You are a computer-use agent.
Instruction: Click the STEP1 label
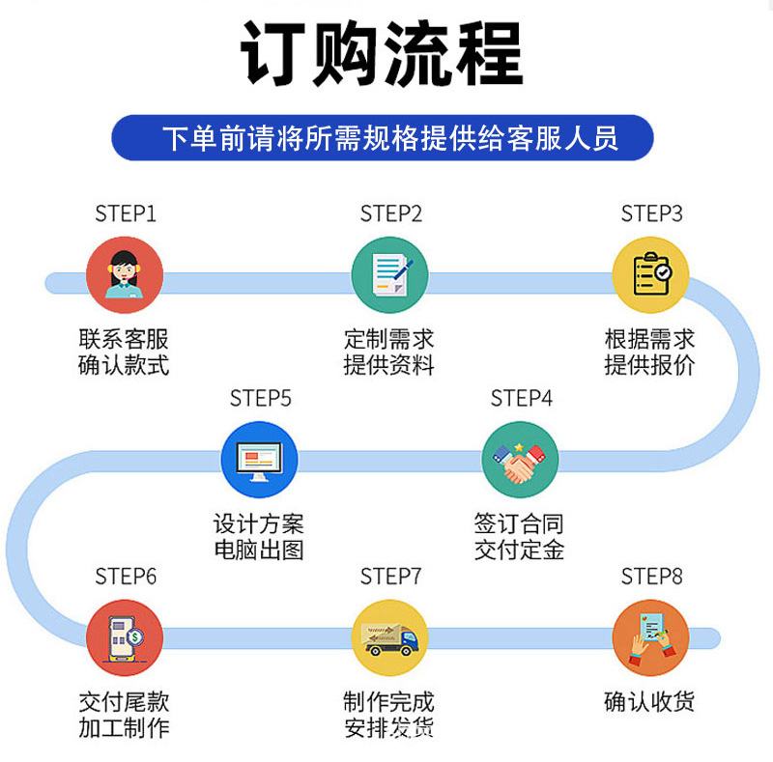pyautogui.click(x=125, y=213)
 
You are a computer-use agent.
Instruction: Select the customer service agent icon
pyautogui.click(x=125, y=274)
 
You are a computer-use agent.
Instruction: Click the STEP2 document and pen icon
pyautogui.click(x=389, y=274)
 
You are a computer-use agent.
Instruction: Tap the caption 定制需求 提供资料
pyautogui.click(x=389, y=353)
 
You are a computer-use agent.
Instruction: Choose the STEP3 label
pyautogui.click(x=651, y=213)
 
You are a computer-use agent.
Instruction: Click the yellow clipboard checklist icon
pyautogui.click(x=650, y=274)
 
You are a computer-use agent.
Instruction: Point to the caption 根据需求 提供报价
pyautogui.click(x=649, y=353)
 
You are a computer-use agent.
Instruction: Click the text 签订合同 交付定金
pyautogui.click(x=519, y=537)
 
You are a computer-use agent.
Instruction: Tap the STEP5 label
pyautogui.click(x=260, y=398)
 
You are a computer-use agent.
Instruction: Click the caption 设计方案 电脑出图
pyautogui.click(x=258, y=537)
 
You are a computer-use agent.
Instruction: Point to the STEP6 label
pyautogui.click(x=125, y=577)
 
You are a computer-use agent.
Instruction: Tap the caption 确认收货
pyautogui.click(x=649, y=702)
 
